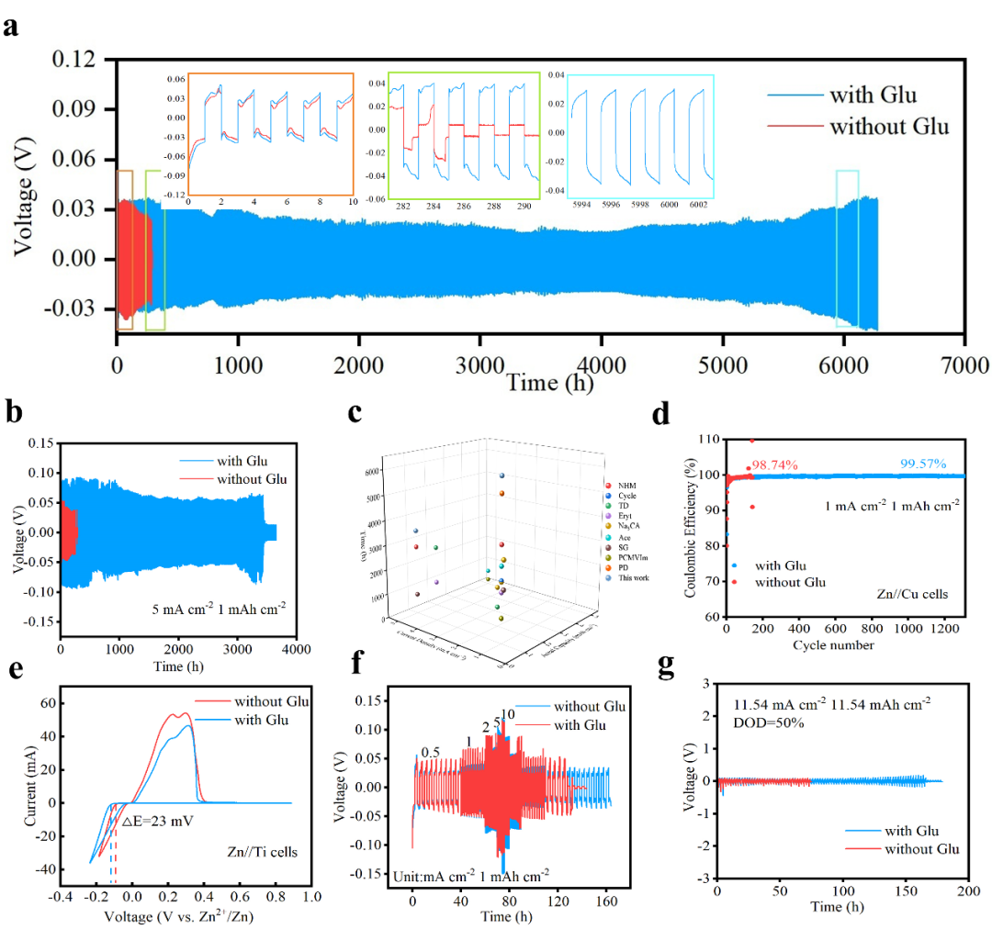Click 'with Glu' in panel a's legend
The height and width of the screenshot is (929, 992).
tap(873, 95)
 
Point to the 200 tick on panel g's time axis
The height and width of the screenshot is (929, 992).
tap(964, 892)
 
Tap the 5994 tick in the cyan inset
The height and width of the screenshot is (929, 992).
tap(583, 206)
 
